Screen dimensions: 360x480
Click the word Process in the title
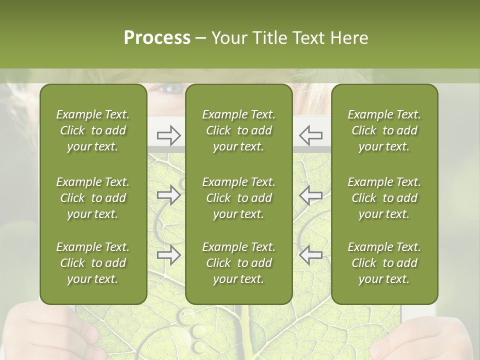pyautogui.click(x=157, y=38)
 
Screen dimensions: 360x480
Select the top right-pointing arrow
pyautogui.click(x=169, y=135)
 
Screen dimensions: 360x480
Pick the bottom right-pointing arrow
pyautogui.click(x=169, y=255)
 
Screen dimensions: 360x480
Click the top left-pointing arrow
pyautogui.click(x=310, y=135)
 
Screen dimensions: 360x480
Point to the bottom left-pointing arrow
pyautogui.click(x=310, y=255)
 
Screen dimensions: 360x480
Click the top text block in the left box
pyautogui.click(x=93, y=130)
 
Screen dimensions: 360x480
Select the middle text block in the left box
pyautogui.click(x=93, y=198)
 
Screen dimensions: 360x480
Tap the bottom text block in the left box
pyautogui.click(x=93, y=263)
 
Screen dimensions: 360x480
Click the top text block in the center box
pyautogui.click(x=239, y=130)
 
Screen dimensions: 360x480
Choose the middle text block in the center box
pyautogui.click(x=239, y=198)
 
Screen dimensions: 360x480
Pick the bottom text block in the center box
pyautogui.click(x=239, y=263)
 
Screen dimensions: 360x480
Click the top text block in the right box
pyautogui.click(x=384, y=130)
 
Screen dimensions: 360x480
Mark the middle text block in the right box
pyautogui.click(x=384, y=198)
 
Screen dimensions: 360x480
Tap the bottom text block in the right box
pyautogui.click(x=384, y=263)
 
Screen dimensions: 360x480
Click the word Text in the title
pyautogui.click(x=310, y=38)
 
